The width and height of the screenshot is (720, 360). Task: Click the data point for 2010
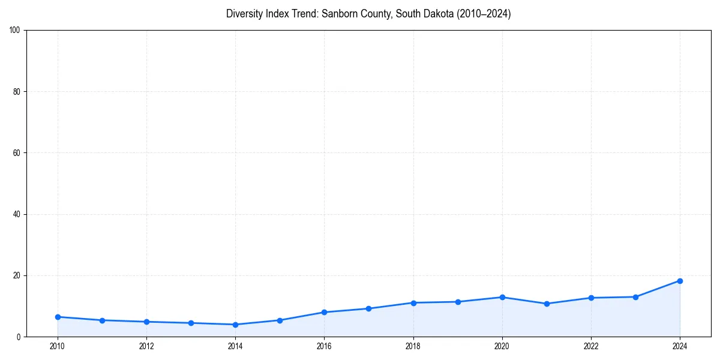point(58,317)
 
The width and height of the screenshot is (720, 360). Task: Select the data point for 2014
point(235,325)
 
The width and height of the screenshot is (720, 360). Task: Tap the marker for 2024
point(680,281)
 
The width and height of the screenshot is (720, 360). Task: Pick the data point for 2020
point(502,297)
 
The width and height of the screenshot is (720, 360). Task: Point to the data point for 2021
point(547,304)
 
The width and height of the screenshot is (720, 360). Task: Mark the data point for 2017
point(368,308)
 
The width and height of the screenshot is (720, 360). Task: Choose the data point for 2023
point(635,297)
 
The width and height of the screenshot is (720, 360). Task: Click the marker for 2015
point(280,320)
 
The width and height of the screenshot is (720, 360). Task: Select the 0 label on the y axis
point(19,337)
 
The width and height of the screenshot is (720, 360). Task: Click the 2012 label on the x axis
point(146,346)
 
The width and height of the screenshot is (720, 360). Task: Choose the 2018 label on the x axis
point(413,346)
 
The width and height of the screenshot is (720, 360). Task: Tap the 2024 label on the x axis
point(680,346)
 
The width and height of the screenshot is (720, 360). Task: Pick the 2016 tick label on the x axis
point(324,346)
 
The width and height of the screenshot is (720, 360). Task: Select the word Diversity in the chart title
point(245,14)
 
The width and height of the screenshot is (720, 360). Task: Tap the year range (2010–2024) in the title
point(484,14)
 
